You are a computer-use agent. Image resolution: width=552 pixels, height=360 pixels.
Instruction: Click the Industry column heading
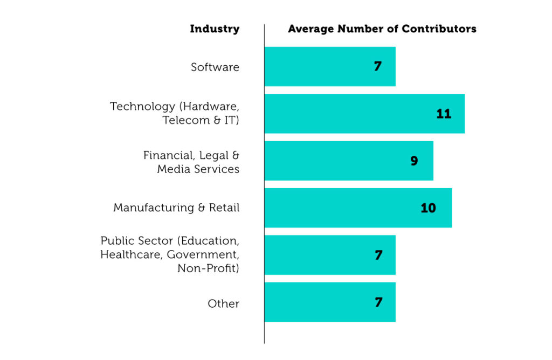pos(215,29)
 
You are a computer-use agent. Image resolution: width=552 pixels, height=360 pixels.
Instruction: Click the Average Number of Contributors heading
pos(382,29)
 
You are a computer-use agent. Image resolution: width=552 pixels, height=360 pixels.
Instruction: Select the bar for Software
pos(323,67)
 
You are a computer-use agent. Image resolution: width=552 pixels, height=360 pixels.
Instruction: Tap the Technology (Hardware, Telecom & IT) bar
pos(350,114)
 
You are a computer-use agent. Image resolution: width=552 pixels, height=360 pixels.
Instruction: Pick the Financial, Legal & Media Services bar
pos(334,161)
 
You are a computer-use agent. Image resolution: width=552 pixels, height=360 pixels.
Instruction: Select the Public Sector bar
pos(323,255)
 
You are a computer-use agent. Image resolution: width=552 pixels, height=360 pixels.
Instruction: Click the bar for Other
pos(323,302)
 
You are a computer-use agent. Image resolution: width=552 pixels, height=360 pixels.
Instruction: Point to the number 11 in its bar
pos(443,114)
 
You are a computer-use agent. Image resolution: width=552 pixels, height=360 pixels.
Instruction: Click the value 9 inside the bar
pos(414,161)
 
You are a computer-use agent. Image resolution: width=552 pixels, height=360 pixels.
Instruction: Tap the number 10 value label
pos(428,207)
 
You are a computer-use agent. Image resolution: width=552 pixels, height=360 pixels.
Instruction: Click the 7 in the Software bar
pos(378,67)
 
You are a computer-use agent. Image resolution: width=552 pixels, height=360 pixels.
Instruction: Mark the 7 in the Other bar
pos(378,302)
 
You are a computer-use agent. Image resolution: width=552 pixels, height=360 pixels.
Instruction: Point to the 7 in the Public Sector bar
pos(378,255)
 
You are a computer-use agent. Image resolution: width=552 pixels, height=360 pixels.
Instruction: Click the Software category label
pos(215,67)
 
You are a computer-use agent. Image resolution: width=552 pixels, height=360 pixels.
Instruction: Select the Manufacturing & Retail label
pos(176,207)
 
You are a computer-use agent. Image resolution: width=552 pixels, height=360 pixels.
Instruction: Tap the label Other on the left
pos(223,303)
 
